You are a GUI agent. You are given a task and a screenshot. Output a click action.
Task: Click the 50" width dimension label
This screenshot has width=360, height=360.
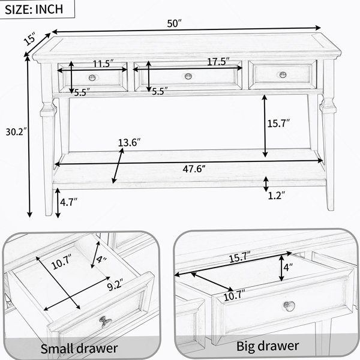pos(174,23)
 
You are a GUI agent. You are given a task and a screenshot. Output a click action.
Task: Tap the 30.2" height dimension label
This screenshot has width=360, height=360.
pos(14,132)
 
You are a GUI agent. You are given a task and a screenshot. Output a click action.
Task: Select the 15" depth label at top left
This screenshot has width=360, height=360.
pos(30,38)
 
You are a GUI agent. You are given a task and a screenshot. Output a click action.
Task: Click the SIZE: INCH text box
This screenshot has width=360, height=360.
pos(34,9)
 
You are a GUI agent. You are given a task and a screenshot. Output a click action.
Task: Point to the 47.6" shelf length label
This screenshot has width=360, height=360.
pos(194,169)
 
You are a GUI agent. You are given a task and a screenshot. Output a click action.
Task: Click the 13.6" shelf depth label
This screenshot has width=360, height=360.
pos(129,143)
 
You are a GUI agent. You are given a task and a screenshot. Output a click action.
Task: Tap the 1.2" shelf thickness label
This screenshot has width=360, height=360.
pos(277,196)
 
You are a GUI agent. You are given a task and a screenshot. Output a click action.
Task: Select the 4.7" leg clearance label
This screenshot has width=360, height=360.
pos(68,202)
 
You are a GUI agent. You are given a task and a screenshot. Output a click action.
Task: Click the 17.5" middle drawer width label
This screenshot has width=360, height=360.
pos(218,62)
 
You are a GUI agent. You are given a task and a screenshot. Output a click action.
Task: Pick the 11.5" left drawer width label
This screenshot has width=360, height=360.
pos(103,64)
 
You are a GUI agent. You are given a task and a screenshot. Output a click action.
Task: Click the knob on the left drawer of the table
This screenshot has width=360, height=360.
pos(92,77)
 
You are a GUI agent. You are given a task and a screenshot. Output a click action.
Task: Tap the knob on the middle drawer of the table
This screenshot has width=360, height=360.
pos(188,76)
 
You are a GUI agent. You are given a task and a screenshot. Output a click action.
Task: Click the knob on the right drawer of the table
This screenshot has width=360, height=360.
pos(283,74)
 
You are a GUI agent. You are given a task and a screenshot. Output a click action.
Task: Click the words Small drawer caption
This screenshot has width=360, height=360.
pos(79,348)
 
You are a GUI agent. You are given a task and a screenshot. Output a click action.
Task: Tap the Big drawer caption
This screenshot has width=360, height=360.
pos(268,346)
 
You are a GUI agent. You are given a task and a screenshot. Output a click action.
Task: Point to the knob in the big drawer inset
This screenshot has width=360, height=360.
pos(289,306)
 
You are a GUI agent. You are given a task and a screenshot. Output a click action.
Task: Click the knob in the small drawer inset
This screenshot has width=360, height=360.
pos(106,322)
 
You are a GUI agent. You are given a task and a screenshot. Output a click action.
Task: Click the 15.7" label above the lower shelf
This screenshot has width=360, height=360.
pos(278,124)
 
